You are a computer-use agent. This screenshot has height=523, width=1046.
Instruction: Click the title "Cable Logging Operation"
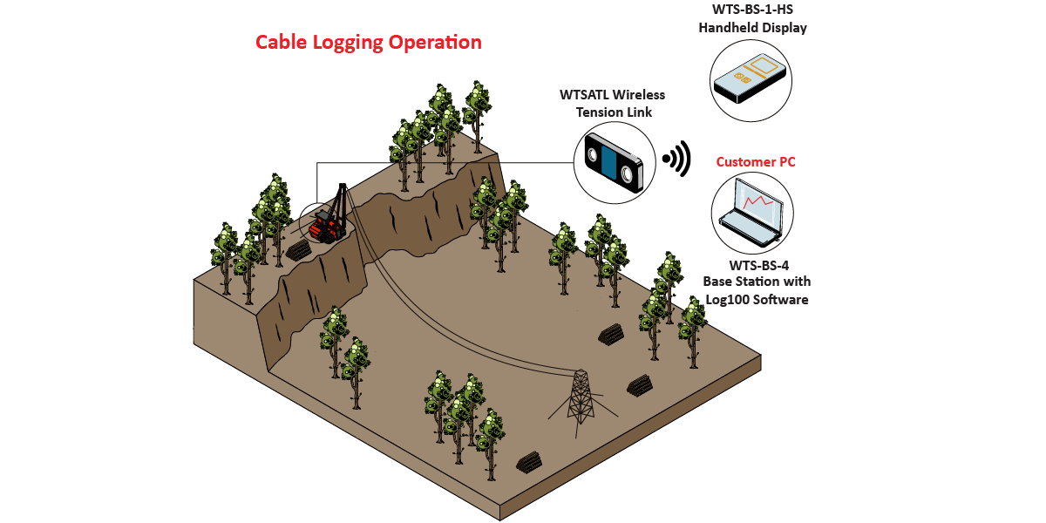(368, 42)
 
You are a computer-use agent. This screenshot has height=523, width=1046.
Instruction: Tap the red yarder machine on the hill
(327, 228)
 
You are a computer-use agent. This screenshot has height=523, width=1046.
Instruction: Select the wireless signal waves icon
(676, 159)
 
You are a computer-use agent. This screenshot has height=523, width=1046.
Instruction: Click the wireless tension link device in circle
(614, 163)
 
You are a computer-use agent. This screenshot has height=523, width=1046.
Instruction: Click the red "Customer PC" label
(756, 162)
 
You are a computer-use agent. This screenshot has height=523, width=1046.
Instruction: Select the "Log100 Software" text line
(757, 299)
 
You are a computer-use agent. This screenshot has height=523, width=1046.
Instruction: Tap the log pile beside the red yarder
(298, 250)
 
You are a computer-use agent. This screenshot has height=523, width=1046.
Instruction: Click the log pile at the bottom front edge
(530, 462)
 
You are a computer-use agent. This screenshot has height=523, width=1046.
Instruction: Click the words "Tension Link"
(612, 112)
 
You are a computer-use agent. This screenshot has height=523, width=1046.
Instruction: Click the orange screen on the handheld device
(765, 65)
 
